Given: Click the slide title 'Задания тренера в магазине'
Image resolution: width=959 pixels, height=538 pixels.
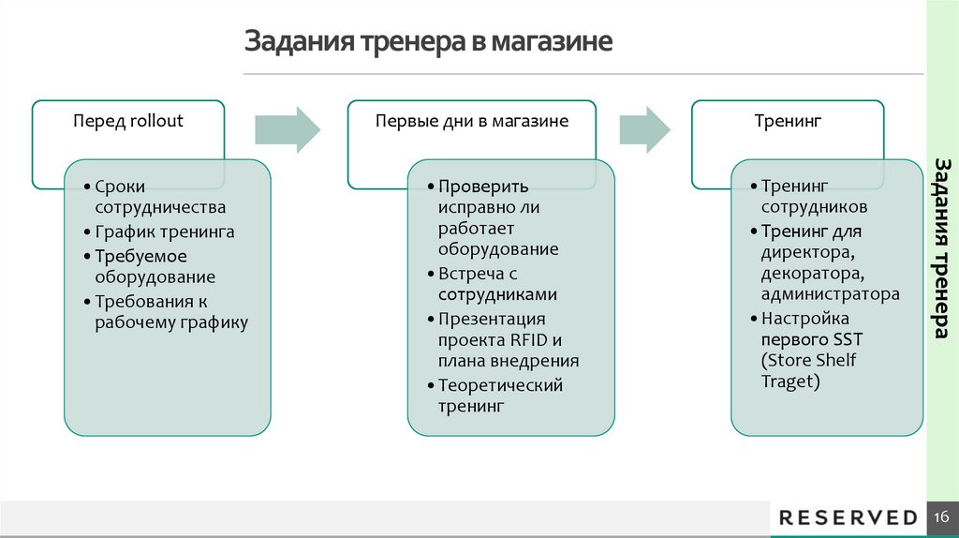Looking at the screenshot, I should coord(429,43).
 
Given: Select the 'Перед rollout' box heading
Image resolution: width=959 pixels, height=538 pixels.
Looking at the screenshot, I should coord(128,121).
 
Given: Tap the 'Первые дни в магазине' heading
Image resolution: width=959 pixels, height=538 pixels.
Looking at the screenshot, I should coord(471,121).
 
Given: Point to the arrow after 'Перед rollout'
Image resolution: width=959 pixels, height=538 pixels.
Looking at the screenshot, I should coord(288,129).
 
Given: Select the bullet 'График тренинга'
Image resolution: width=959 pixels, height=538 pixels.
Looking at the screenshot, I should coord(165,232).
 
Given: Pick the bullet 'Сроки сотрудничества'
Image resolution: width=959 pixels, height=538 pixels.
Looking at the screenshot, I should coord(159,197).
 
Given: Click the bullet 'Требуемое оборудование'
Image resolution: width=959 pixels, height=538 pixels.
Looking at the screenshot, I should coord(155,266).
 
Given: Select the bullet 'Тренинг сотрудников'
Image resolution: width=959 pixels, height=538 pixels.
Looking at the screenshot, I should coord(813,197).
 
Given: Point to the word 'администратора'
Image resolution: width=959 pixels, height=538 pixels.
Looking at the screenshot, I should coord(831,294).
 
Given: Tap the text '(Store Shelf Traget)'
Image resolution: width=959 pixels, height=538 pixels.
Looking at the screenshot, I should coord(809,371).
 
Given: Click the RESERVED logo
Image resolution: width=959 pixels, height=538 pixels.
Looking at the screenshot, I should coord(848,517).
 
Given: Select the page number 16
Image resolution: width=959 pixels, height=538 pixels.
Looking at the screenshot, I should coord(941,517).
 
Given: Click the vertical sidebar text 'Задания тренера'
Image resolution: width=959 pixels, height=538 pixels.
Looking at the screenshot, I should coord(942,248).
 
